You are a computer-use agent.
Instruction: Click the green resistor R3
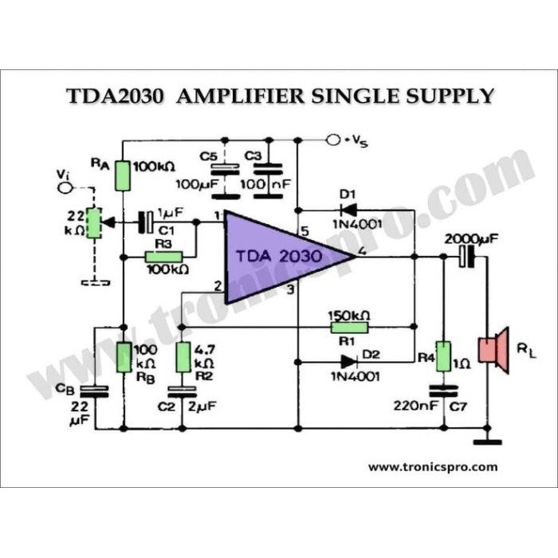pyautogui.click(x=163, y=257)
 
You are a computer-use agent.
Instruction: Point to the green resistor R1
pyautogui.click(x=350, y=325)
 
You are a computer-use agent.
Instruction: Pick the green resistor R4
pyautogui.click(x=443, y=356)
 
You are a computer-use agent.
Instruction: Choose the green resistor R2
pyautogui.click(x=183, y=357)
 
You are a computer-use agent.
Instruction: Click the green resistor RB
pyautogui.click(x=124, y=357)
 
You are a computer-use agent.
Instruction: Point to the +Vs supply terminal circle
pyautogui.click(x=334, y=140)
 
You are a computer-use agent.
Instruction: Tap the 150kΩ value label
pyautogui.click(x=350, y=313)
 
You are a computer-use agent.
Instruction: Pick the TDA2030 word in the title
pyautogui.click(x=115, y=96)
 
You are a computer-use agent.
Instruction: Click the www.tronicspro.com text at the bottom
pyautogui.click(x=433, y=467)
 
